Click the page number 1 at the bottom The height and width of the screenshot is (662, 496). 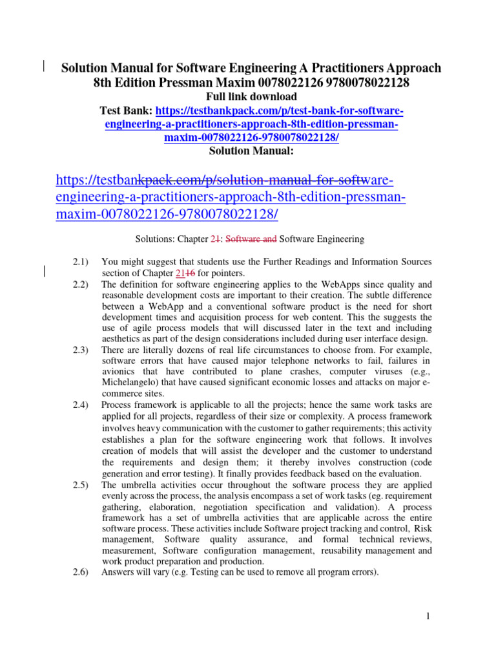point(428,616)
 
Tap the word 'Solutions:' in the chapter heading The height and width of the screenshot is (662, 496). point(154,239)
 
